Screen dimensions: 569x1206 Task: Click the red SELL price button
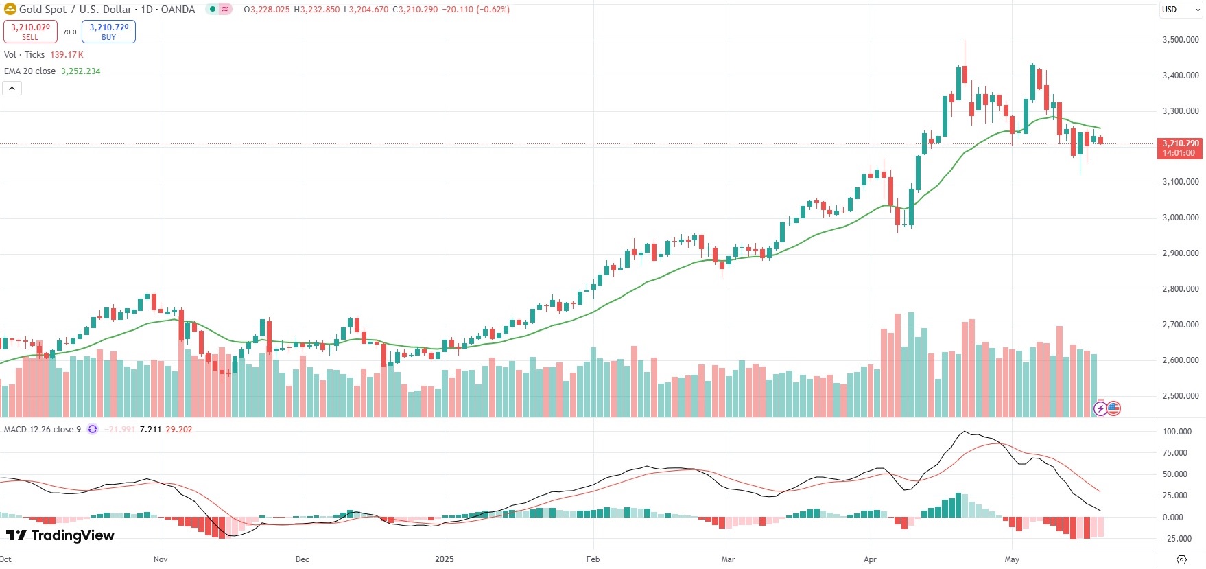(x=30, y=32)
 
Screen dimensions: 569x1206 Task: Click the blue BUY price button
(x=108, y=32)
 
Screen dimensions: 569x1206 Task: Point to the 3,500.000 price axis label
(x=1180, y=40)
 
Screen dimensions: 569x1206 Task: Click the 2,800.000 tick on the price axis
(x=1180, y=289)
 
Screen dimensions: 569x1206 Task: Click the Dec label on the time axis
(x=302, y=559)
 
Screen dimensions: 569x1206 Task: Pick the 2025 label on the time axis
(x=445, y=559)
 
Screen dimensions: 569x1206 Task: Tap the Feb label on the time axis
(x=593, y=559)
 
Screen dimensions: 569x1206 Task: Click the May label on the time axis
(x=1012, y=559)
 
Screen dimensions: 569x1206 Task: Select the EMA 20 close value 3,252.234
(x=80, y=71)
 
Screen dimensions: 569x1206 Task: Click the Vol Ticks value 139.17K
(x=67, y=55)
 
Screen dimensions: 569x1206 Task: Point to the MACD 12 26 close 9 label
(x=42, y=430)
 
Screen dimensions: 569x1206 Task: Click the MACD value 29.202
(x=179, y=430)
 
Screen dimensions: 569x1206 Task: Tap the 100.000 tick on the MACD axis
(x=1177, y=432)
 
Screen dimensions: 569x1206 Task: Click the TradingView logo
(x=60, y=535)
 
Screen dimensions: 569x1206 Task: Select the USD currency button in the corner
(x=1169, y=10)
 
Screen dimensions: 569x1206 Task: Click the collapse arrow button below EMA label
(x=12, y=88)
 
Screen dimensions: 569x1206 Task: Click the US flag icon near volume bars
(x=1113, y=408)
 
